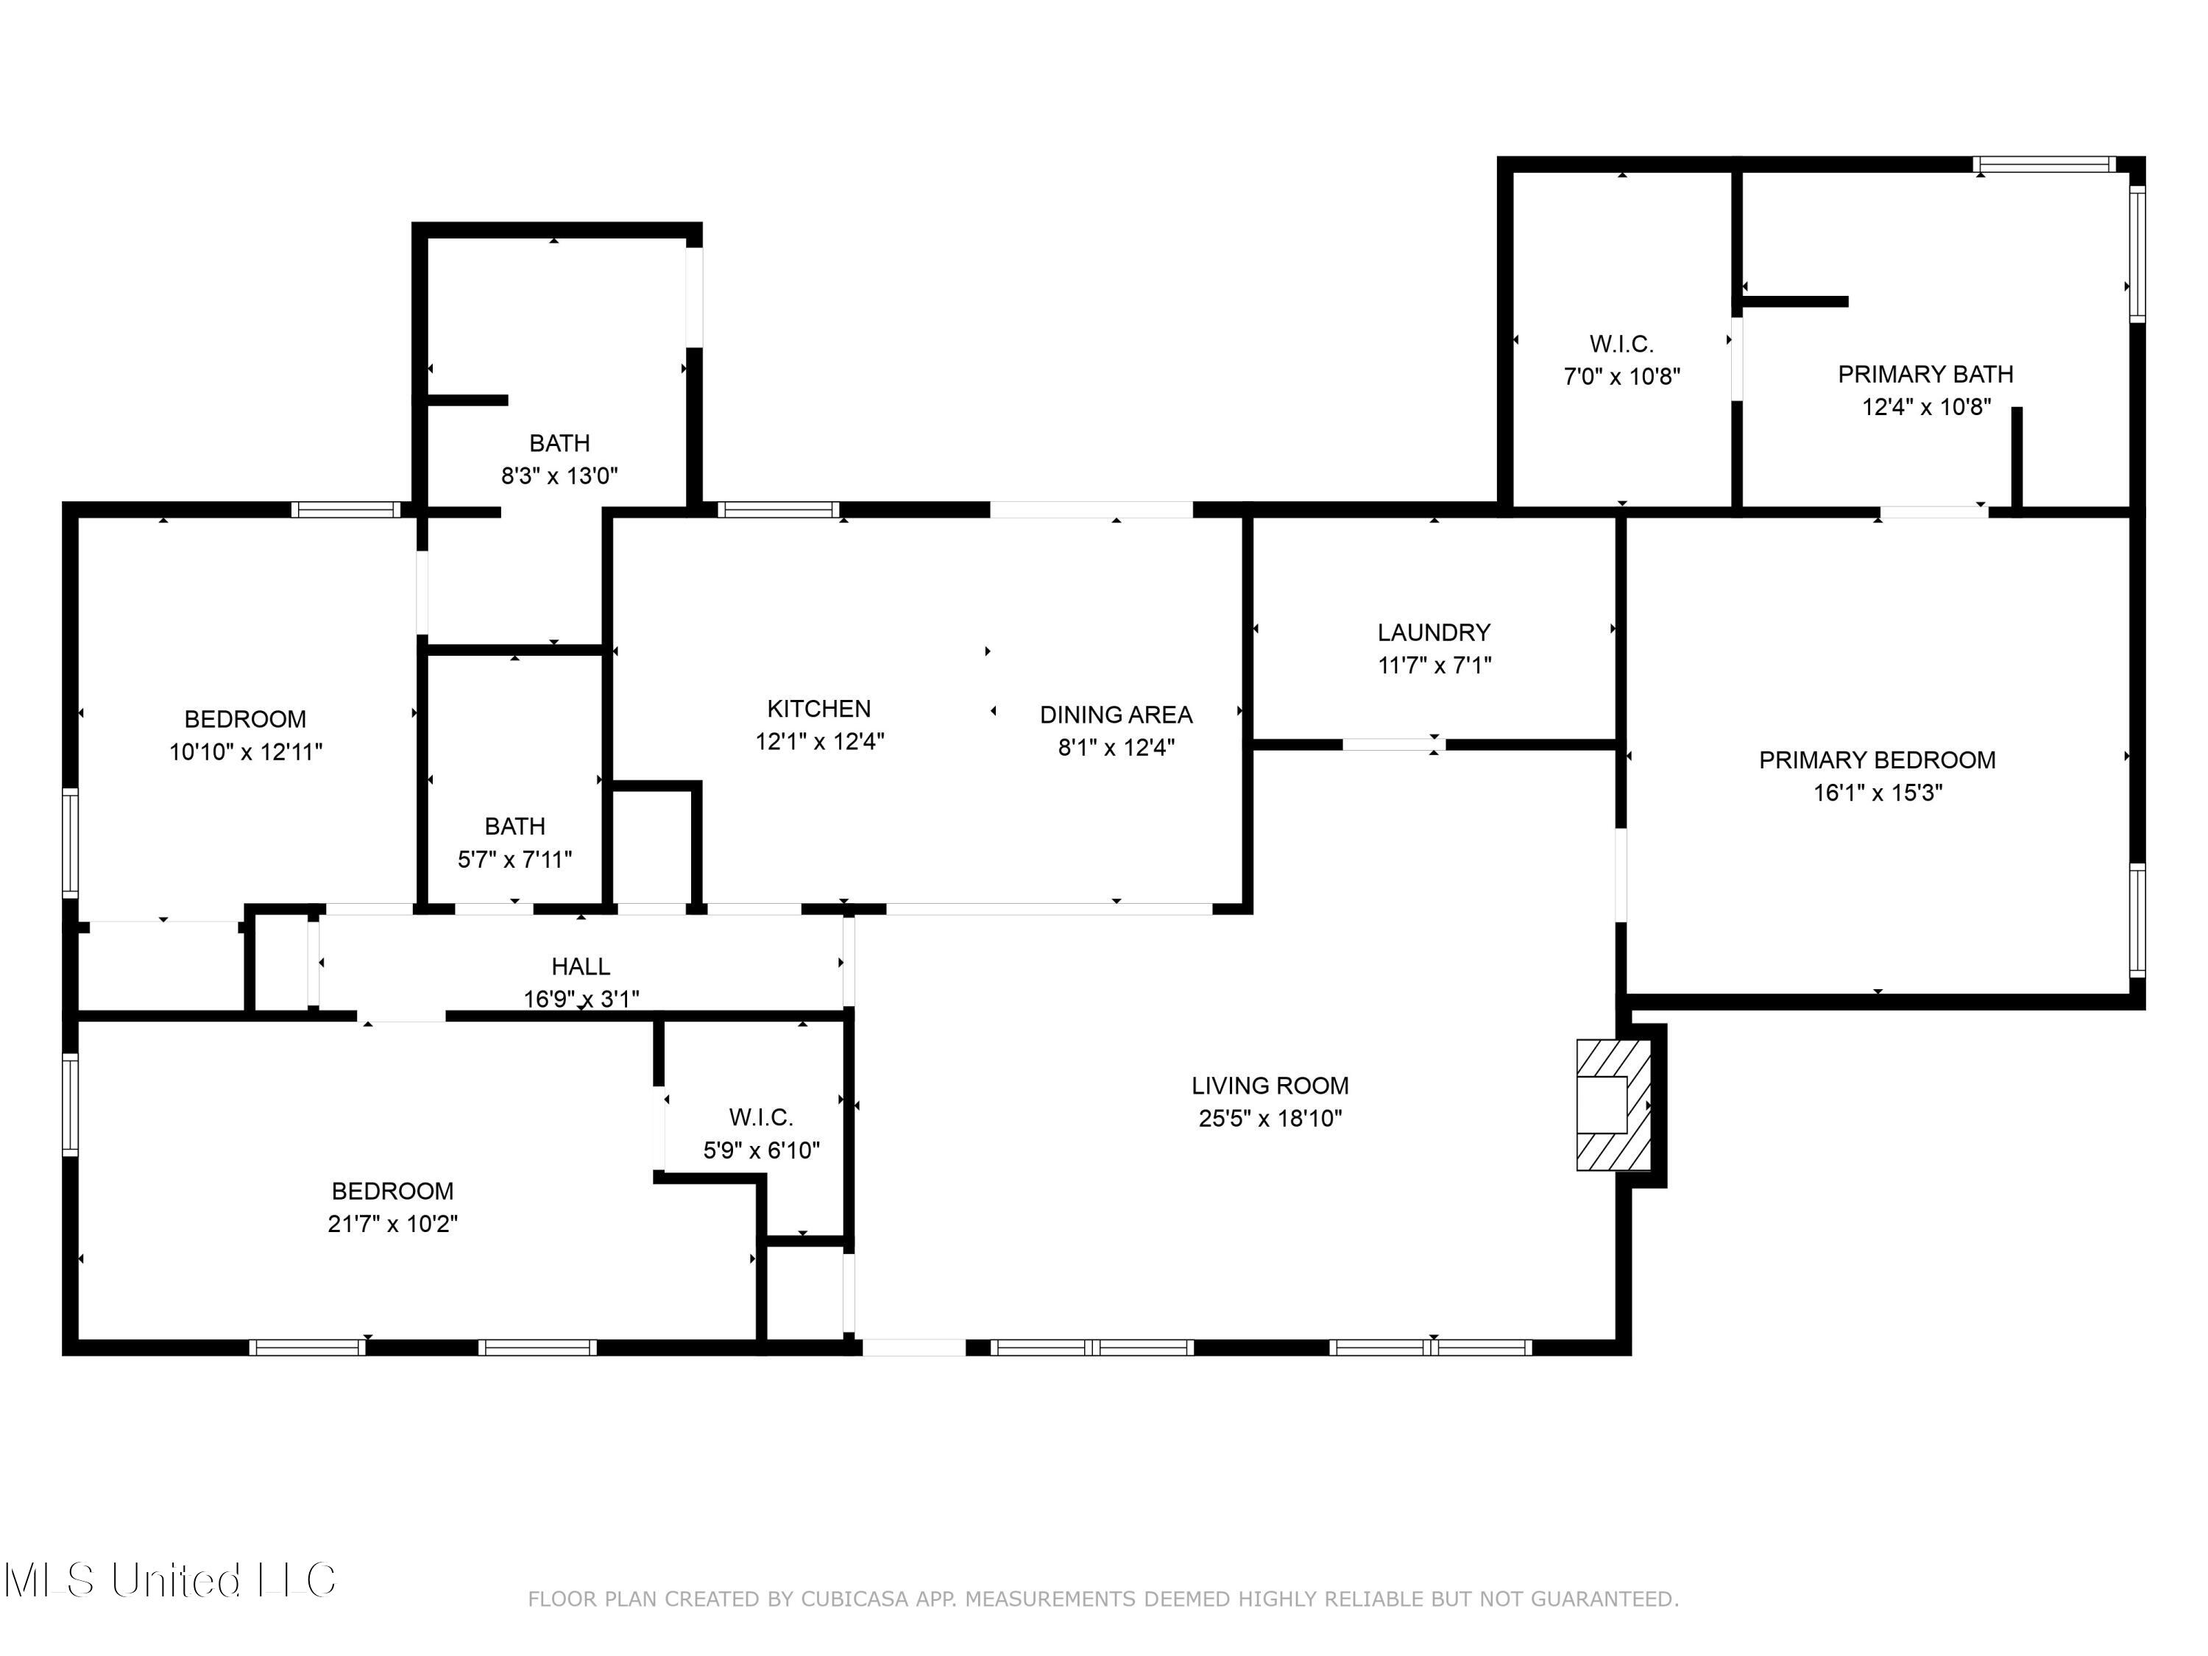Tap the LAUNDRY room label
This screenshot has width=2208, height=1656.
pos(1434,631)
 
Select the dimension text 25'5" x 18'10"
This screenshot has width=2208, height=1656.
pos(1270,1118)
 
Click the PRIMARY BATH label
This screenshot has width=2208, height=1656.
pos(1925,375)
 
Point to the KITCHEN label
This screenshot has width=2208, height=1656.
pos(818,709)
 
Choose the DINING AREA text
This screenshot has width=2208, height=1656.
pos(1115,715)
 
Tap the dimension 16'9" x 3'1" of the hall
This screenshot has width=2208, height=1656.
pos(581,998)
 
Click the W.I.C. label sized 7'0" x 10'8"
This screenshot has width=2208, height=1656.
pos(1621,344)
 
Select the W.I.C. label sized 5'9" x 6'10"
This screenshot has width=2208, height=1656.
pos(760,1117)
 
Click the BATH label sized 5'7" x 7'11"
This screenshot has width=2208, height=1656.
pos(514,827)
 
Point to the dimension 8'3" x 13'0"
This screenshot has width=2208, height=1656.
pos(559,476)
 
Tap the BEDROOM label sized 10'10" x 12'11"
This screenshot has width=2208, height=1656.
pos(244,718)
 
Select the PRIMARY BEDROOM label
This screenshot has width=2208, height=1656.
pos(1877,760)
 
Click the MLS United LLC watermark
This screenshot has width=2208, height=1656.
pos(170,1580)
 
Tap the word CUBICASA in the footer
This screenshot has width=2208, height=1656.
pos(854,1599)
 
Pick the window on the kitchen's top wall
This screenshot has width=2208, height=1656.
pos(778,510)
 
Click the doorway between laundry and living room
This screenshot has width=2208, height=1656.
pos(1393,743)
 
